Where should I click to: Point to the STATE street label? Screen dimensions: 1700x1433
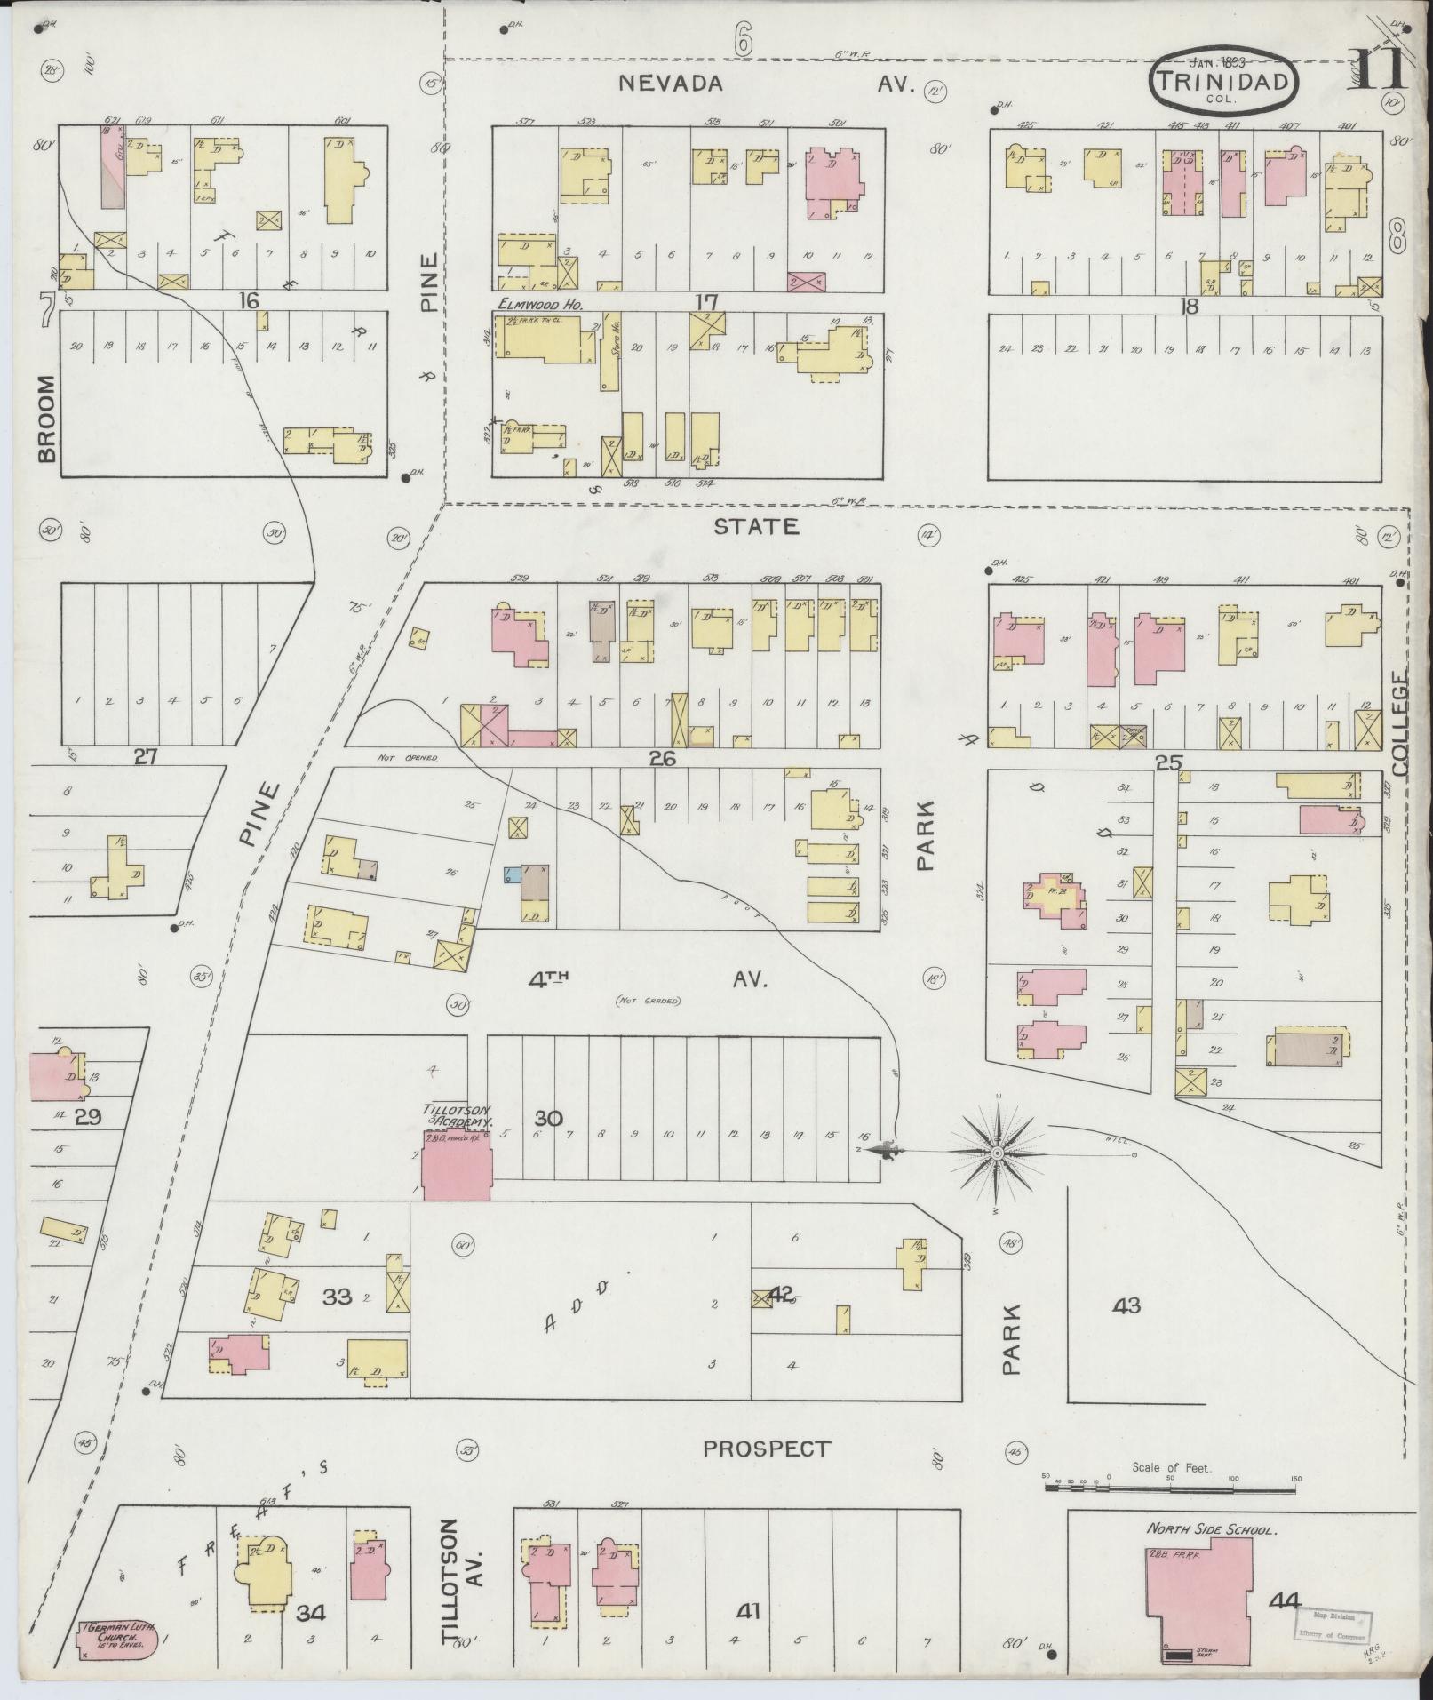(757, 527)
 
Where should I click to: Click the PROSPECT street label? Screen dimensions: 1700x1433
(767, 1449)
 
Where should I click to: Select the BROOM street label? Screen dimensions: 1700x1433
(46, 418)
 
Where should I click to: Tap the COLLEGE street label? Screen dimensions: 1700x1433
(1401, 725)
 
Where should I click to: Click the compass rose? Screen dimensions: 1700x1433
(997, 1153)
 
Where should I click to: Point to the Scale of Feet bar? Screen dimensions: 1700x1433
(1173, 1479)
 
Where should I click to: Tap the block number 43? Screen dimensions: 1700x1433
(1126, 1305)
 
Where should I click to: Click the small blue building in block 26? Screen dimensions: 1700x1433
(513, 874)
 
